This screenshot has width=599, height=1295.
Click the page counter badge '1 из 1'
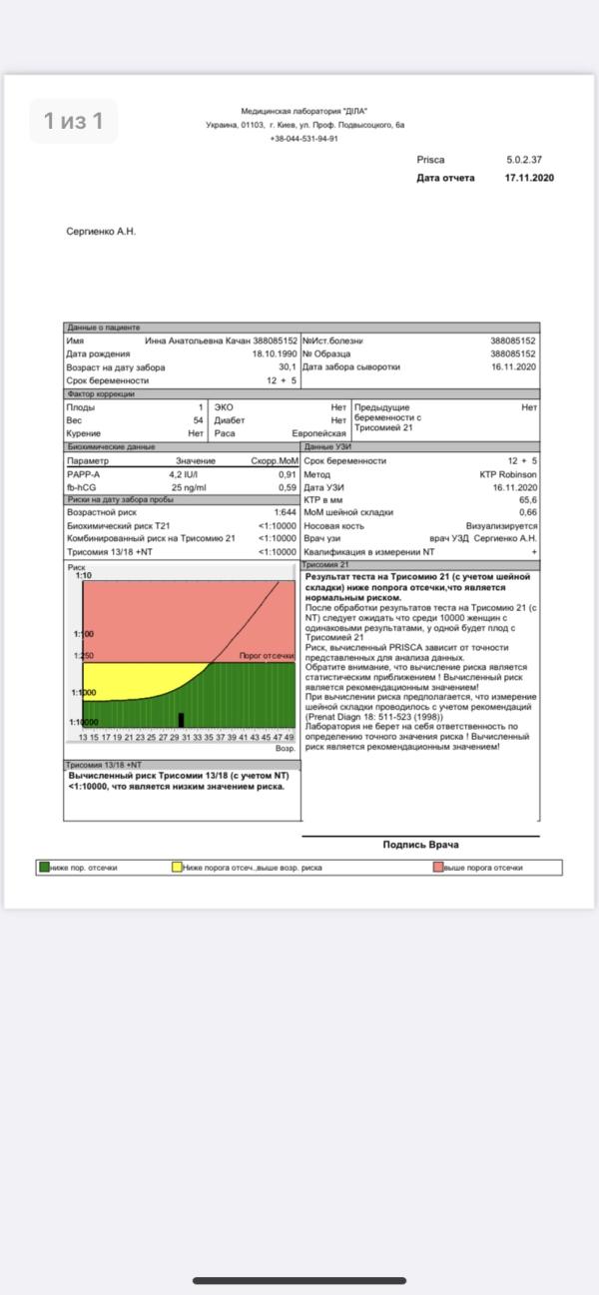click(x=73, y=121)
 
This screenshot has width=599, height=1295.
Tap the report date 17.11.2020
click(x=529, y=178)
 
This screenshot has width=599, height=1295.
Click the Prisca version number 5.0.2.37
click(x=524, y=160)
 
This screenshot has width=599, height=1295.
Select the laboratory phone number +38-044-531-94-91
click(x=304, y=139)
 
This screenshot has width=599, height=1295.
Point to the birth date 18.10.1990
click(x=275, y=353)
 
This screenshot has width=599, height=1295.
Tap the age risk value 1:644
click(x=286, y=512)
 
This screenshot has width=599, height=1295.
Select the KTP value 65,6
click(x=527, y=499)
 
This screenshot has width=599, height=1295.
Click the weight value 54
click(x=198, y=420)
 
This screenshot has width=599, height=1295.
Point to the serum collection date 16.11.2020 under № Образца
click(x=513, y=366)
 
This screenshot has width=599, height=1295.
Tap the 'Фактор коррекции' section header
click(x=100, y=394)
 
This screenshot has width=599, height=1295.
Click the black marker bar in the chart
click(x=181, y=719)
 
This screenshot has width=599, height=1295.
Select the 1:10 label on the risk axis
click(x=84, y=576)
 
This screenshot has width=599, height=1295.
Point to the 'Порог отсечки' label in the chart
click(x=267, y=656)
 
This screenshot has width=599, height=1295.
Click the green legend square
click(x=44, y=868)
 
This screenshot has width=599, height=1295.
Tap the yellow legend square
click(x=177, y=868)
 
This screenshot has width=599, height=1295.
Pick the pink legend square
click(x=438, y=868)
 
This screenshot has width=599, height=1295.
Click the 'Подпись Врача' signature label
click(x=420, y=845)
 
